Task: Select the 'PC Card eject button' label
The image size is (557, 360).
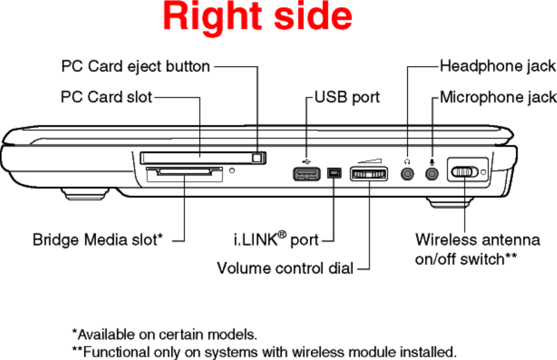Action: (135, 67)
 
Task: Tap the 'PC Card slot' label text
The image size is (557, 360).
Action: (106, 97)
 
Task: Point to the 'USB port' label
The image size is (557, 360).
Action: (347, 97)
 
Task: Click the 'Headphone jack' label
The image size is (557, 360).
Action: (498, 66)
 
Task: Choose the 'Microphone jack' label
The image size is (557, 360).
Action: (498, 97)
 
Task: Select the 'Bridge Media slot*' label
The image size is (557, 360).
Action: (98, 240)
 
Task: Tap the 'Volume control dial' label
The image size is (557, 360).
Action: (285, 268)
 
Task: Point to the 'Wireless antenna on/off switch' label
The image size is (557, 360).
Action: (477, 249)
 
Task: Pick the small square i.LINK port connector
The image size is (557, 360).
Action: (334, 173)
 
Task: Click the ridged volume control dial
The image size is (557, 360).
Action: (369, 174)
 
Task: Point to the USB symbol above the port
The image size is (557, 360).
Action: (306, 161)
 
